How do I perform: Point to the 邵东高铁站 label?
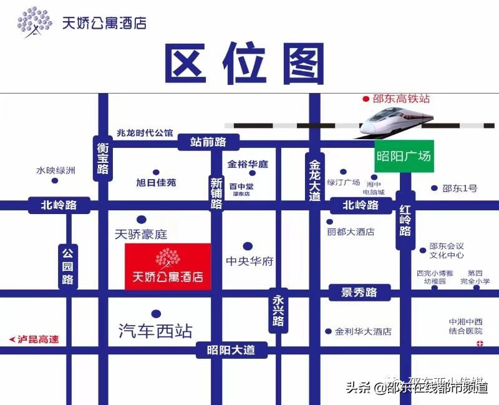(x=402, y=99)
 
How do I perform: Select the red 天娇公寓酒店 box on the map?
(x=168, y=267)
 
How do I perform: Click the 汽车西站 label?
(x=155, y=331)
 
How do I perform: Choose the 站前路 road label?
(x=208, y=142)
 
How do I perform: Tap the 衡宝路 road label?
(x=103, y=159)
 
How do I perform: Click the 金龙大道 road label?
(x=314, y=178)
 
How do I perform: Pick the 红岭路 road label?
(x=405, y=222)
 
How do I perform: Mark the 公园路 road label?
(x=67, y=266)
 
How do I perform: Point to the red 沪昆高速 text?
(x=35, y=339)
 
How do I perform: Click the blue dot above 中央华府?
(x=248, y=246)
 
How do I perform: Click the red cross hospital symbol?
(x=479, y=344)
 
